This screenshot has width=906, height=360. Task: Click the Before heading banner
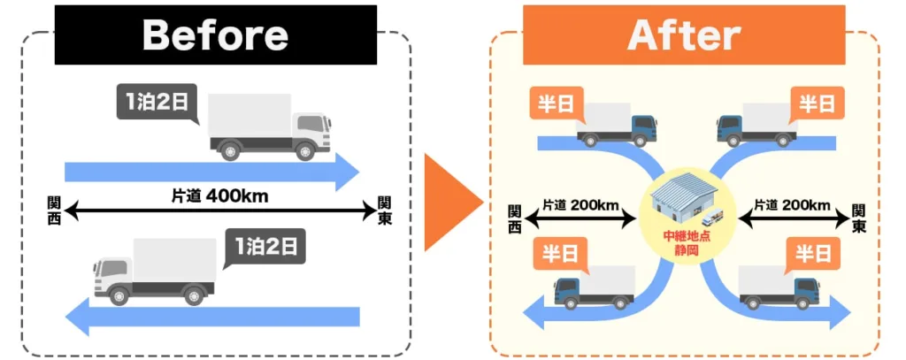tap(215, 35)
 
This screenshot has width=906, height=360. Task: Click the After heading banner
tap(683, 35)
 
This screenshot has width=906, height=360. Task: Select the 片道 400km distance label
tap(219, 195)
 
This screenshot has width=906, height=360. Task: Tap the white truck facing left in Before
tap(155, 272)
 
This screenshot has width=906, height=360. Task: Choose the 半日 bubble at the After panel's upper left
tap(555, 104)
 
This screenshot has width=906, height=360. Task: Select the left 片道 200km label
tap(580, 205)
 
